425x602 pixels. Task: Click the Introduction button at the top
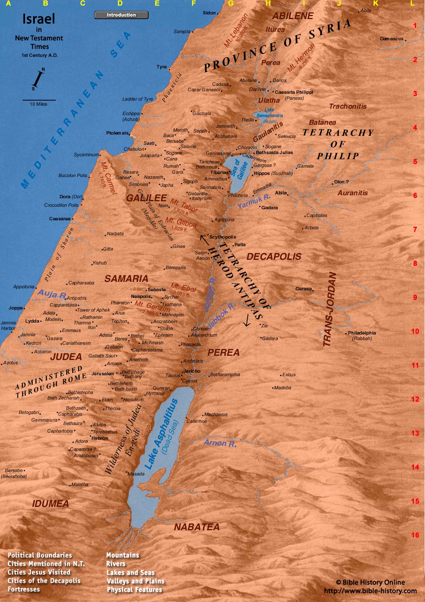pos(121,15)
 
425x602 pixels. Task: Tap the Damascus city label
pos(391,39)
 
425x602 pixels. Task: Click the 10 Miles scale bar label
pos(38,104)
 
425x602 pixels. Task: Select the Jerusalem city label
pos(103,374)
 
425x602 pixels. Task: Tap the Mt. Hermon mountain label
pos(301,58)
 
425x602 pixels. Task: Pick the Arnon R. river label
pos(220,443)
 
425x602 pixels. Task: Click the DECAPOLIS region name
pos(274,256)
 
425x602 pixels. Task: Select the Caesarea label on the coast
pos(60,219)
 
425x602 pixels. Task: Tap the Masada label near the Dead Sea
pos(136,474)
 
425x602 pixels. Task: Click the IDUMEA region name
pos(51,504)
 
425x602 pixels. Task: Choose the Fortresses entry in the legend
pos(24,589)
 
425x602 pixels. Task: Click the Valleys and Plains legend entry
pos(135,581)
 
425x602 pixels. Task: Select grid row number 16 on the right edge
pos(415,535)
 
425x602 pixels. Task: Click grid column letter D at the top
pos(120,3)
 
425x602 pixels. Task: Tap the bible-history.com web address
pos(370,591)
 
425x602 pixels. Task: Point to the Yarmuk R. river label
pos(254,200)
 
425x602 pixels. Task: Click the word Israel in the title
pos(39,19)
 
